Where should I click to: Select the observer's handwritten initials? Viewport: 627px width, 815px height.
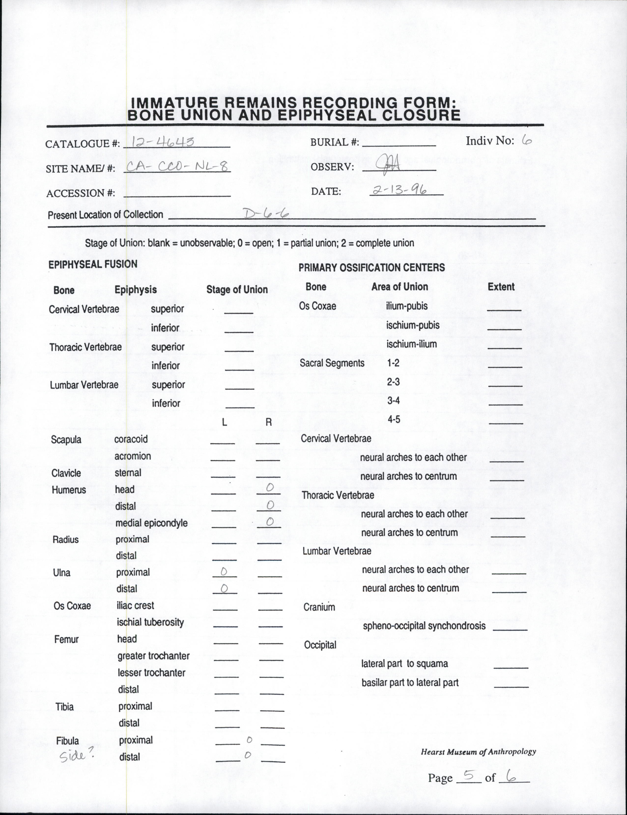pos(388,163)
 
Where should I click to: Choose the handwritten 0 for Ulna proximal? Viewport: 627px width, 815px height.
pos(224,571)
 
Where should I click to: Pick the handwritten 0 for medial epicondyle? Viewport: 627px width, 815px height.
pos(270,521)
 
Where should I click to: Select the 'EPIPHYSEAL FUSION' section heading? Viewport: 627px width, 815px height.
pos(93,264)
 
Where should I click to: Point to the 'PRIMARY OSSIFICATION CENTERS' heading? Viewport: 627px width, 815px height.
pos(371,268)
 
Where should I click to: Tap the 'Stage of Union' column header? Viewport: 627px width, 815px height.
pos(237,290)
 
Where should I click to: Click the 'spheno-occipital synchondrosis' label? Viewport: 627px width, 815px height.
pos(424,626)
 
